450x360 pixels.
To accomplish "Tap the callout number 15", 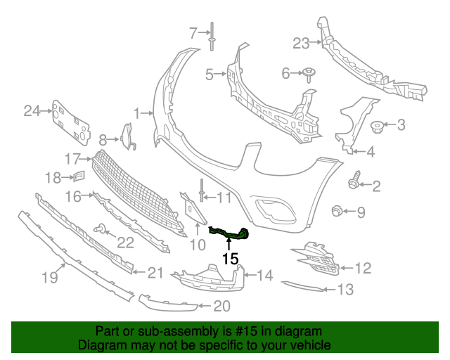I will click(230, 259).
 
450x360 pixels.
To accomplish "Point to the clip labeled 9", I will click(337, 210).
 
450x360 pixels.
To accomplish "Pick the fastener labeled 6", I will click(309, 72).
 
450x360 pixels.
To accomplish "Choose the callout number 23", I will click(301, 44).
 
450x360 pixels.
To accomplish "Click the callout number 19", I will click(49, 278).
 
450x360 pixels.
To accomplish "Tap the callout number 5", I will click(210, 73).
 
